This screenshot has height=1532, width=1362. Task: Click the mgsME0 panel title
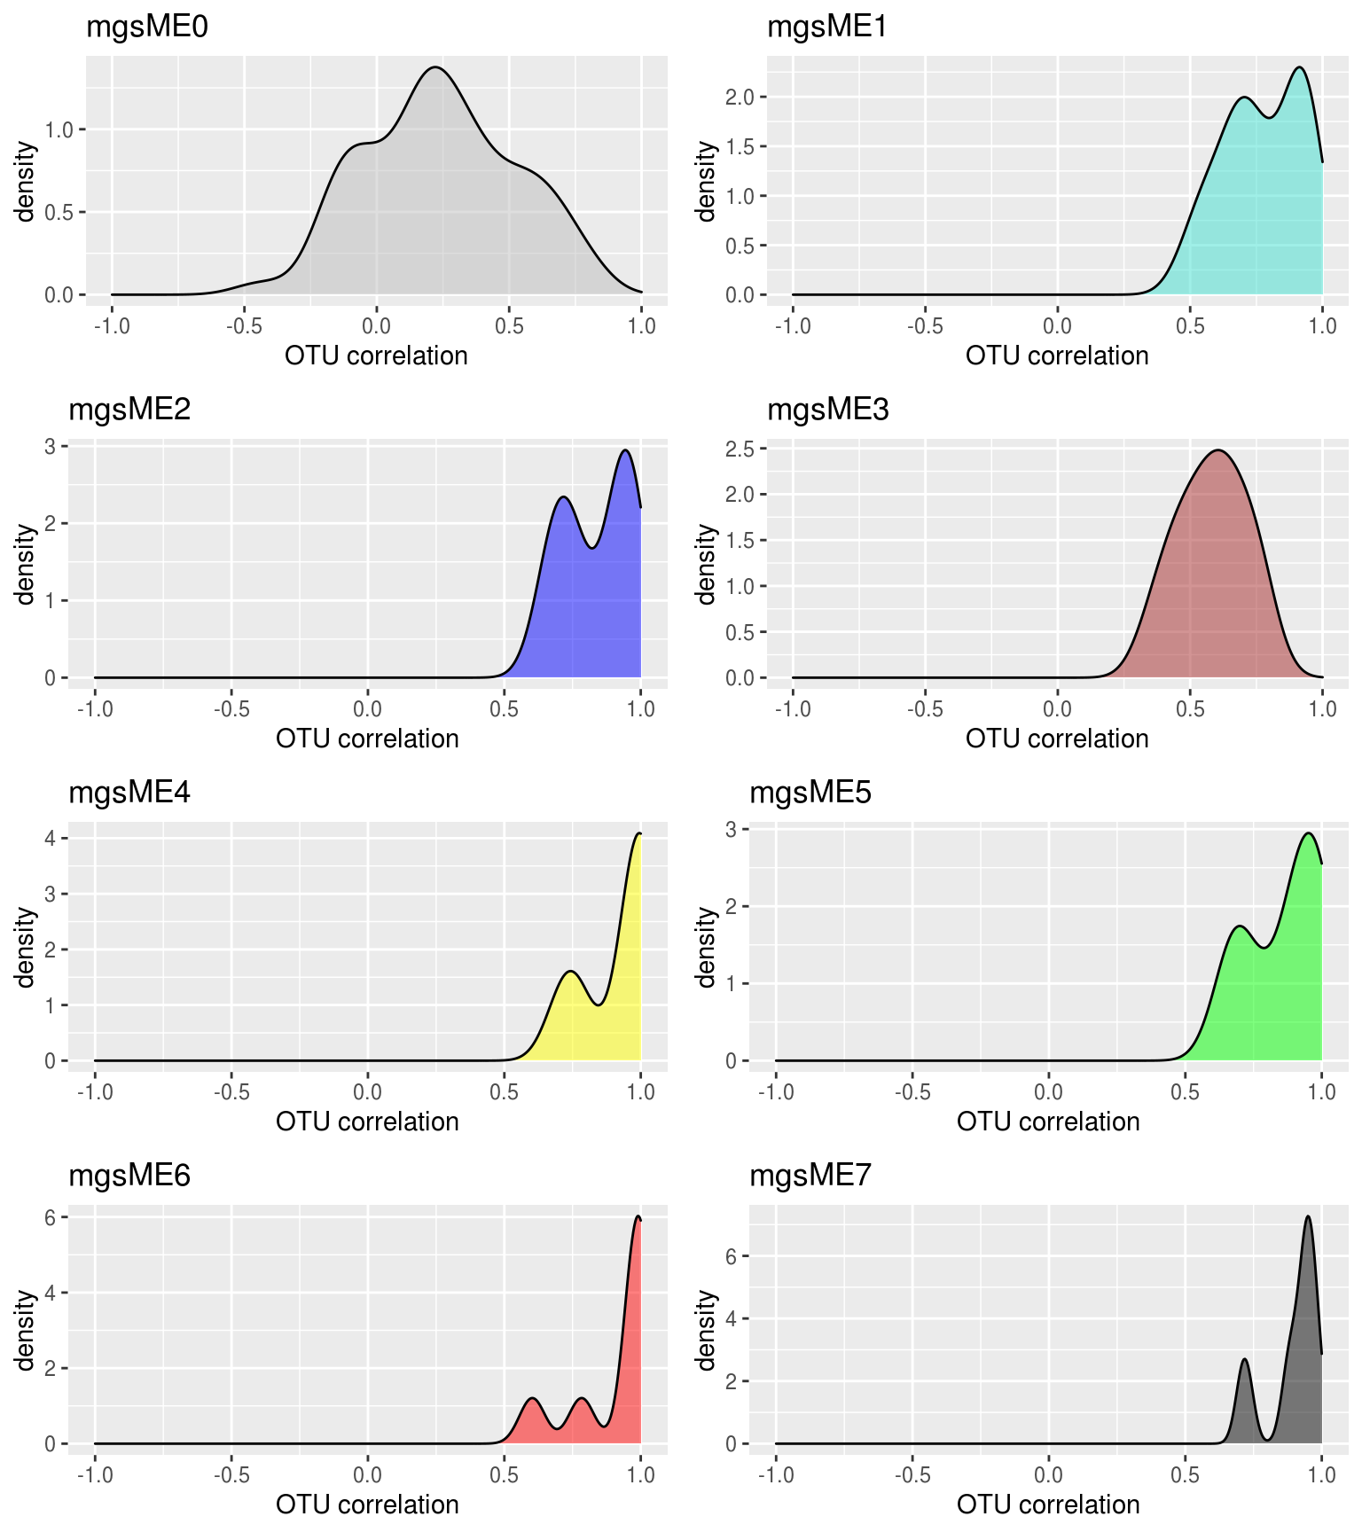pyautogui.click(x=146, y=27)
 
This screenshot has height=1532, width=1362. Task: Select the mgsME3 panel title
pyautogui.click(x=827, y=410)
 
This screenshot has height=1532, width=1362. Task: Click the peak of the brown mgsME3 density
pyautogui.click(x=1219, y=450)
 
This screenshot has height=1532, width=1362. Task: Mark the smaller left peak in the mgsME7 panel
pyautogui.click(x=1245, y=1359)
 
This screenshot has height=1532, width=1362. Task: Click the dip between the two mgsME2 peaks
pyautogui.click(x=591, y=548)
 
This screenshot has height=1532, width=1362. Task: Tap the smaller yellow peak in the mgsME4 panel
pyautogui.click(x=571, y=972)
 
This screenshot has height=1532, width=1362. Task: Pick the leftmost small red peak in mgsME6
pyautogui.click(x=532, y=1398)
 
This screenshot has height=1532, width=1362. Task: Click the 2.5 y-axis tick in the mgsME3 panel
pyautogui.click(x=740, y=449)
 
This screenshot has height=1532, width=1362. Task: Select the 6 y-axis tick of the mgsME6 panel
pyautogui.click(x=51, y=1218)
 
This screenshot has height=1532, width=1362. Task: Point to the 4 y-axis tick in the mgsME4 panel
pyautogui.click(x=51, y=838)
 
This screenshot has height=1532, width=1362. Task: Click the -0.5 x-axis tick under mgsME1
pyautogui.click(x=924, y=326)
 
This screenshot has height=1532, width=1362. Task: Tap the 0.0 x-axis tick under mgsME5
pyautogui.click(x=1048, y=1092)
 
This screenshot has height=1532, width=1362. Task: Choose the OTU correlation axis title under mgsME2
pyautogui.click(x=367, y=739)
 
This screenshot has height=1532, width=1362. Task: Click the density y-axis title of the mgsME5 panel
pyautogui.click(x=705, y=946)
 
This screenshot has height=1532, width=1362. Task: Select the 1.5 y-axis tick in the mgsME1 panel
pyautogui.click(x=740, y=146)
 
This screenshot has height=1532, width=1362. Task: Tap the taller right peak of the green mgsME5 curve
pyautogui.click(x=1308, y=833)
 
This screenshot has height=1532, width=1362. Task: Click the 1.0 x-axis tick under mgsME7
pyautogui.click(x=1321, y=1475)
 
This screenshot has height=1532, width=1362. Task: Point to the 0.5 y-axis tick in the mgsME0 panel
pyautogui.click(x=59, y=212)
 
